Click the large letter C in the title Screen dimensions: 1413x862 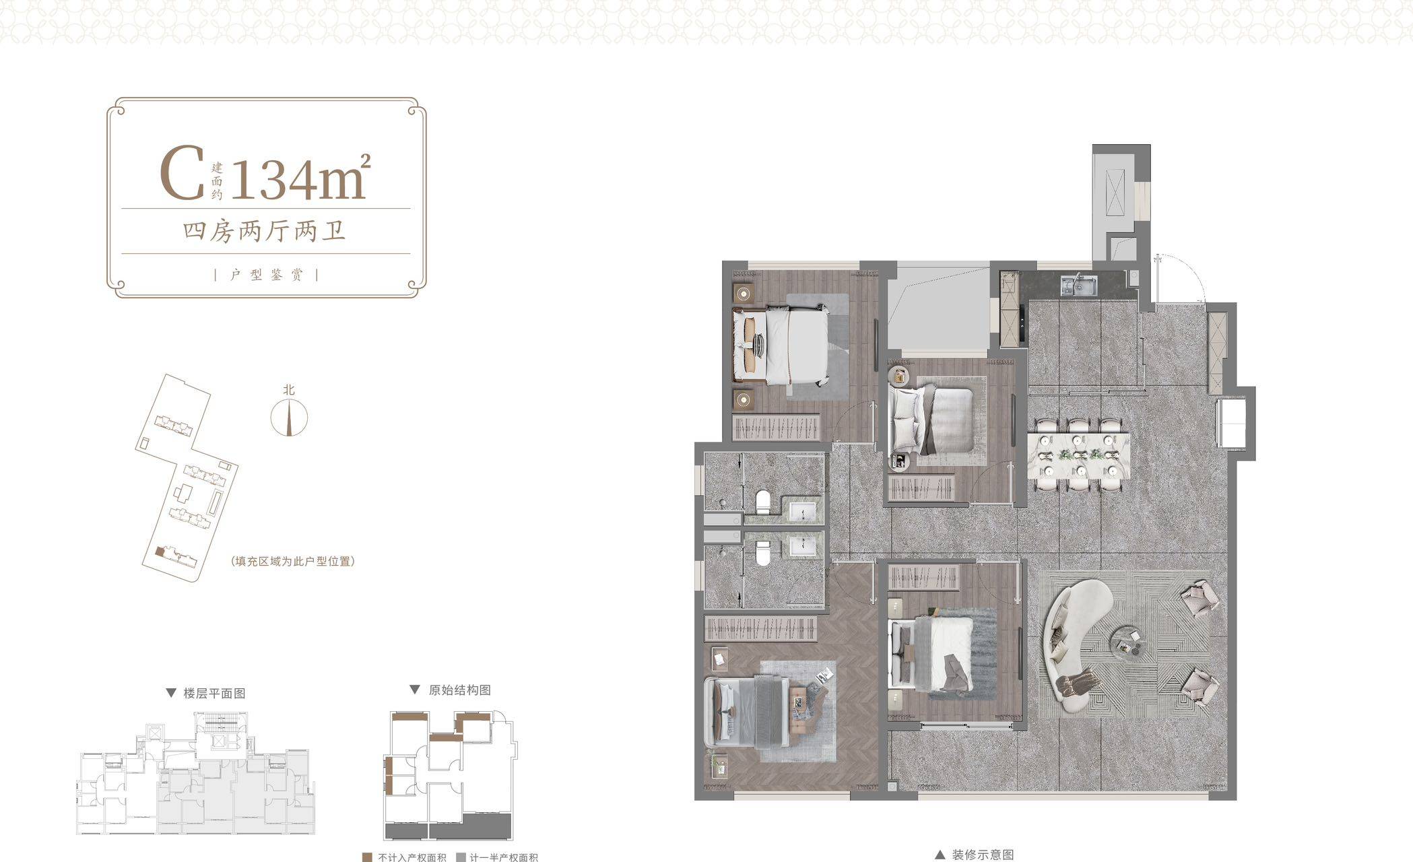click(x=182, y=174)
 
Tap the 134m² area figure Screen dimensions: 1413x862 click(x=300, y=177)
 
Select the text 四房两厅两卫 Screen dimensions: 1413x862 click(x=265, y=231)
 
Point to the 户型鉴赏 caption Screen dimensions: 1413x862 click(x=266, y=274)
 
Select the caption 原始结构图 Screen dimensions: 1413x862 click(x=460, y=690)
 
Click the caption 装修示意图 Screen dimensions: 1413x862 click(x=983, y=855)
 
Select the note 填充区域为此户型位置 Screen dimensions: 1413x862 click(x=292, y=561)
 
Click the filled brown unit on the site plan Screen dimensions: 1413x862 click(x=160, y=551)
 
